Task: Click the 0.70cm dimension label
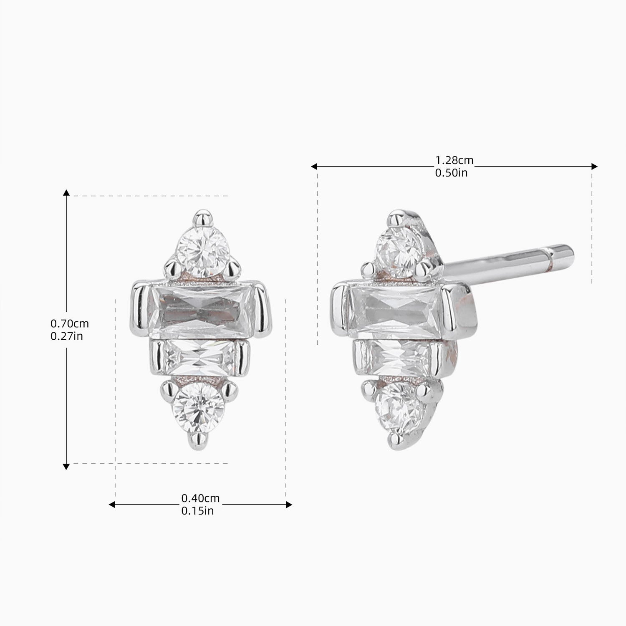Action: click(x=70, y=323)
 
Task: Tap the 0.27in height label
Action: click(x=67, y=336)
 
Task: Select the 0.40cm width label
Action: click(x=200, y=498)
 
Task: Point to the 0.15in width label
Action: click(x=197, y=511)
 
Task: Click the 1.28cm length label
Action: click(x=454, y=160)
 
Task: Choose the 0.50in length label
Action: click(x=452, y=173)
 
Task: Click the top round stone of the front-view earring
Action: click(x=205, y=252)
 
